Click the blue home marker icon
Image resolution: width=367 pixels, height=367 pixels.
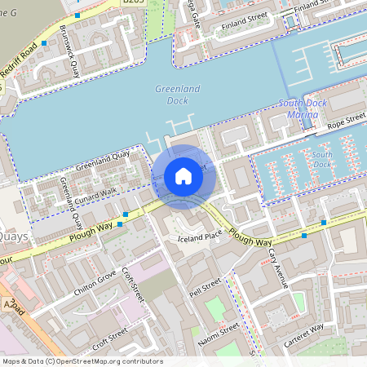tap(183, 176)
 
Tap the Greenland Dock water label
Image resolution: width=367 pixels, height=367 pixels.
tap(171, 95)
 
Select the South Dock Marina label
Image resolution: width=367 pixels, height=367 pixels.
tap(303, 109)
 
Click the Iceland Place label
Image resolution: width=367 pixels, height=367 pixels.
tap(200, 237)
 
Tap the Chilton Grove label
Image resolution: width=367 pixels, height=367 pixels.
tap(95, 281)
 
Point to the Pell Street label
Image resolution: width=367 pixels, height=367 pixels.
tap(205, 288)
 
